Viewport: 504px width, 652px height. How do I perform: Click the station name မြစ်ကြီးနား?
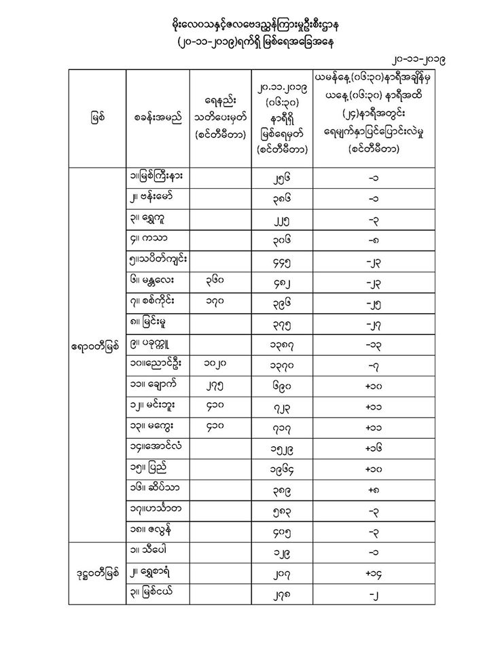coord(158,175)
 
